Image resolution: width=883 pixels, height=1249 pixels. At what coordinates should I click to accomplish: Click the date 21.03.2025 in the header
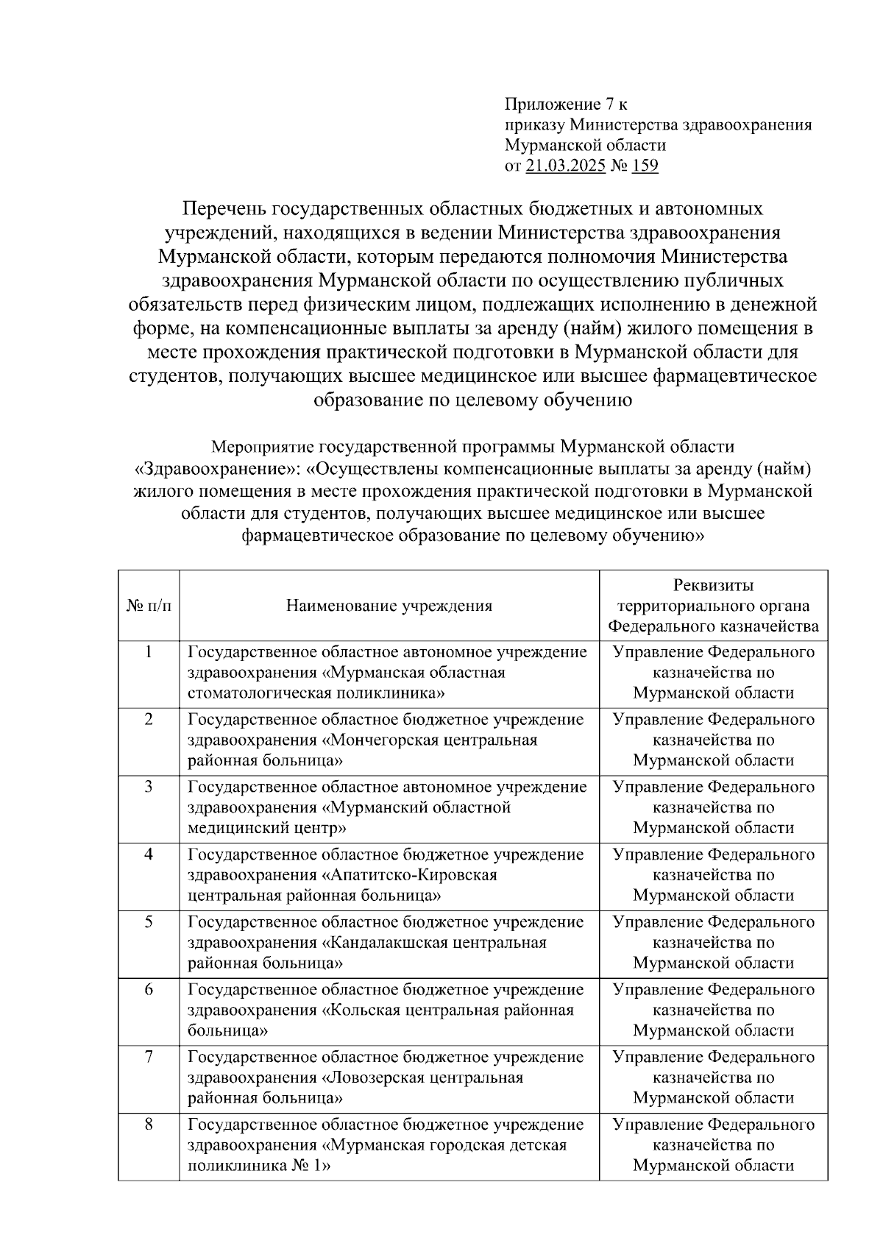click(565, 166)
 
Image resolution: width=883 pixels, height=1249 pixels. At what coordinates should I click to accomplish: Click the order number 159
click(645, 166)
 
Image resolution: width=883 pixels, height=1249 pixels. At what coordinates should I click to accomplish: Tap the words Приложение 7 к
click(566, 104)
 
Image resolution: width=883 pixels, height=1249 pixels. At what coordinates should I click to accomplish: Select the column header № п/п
click(149, 606)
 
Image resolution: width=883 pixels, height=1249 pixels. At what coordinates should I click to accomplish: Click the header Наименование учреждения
click(389, 606)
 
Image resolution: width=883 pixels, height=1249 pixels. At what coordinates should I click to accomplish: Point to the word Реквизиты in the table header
click(713, 585)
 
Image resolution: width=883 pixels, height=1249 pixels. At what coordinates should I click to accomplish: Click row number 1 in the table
click(149, 651)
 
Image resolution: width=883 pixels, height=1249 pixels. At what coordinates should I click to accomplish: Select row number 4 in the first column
click(149, 855)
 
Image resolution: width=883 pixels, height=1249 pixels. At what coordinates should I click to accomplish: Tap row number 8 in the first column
click(149, 1125)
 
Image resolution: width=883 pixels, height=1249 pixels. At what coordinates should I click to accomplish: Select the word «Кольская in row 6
click(361, 1011)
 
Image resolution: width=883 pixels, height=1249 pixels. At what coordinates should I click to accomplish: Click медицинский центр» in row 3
click(267, 828)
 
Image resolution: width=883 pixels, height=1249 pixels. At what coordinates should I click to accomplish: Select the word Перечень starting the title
click(224, 209)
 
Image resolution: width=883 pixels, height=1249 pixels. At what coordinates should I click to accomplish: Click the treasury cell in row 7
click(713, 1078)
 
